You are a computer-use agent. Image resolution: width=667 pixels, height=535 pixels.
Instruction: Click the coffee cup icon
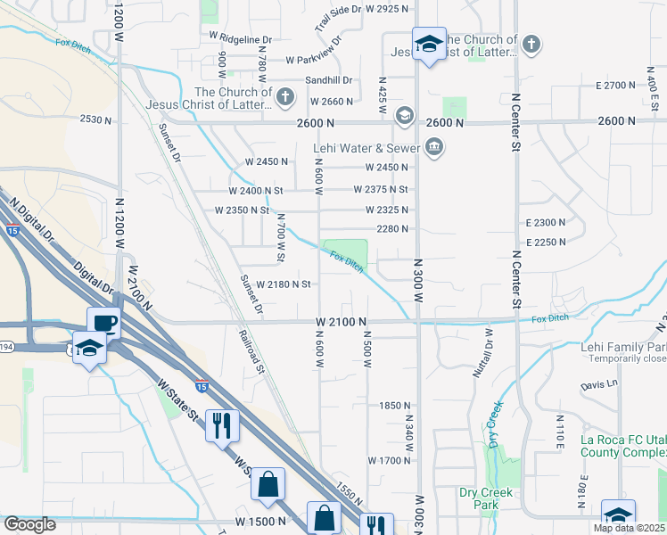pos(103,322)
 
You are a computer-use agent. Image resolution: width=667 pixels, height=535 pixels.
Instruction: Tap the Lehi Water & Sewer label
pos(366,148)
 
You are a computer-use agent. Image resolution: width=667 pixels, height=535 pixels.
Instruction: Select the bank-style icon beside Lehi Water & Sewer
pos(434,146)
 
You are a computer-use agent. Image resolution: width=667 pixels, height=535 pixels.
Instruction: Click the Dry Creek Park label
pos(485,498)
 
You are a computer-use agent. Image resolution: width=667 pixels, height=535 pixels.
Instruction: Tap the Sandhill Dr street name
pos(329,80)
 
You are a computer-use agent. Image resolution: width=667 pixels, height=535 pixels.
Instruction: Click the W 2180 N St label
pos(283,284)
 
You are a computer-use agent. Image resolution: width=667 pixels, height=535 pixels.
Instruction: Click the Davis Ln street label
pos(598,386)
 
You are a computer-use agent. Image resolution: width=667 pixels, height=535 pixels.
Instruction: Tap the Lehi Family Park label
pos(624,347)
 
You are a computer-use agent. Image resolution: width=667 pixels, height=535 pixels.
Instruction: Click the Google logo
pos(30,524)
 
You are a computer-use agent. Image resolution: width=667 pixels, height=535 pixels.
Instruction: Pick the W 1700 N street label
pos(388,461)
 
